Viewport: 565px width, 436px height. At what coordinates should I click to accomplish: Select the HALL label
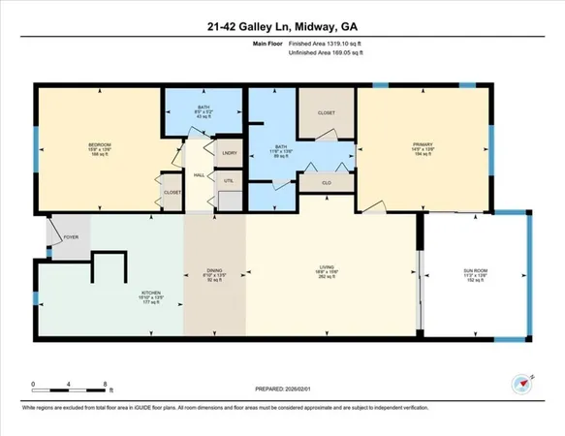198,175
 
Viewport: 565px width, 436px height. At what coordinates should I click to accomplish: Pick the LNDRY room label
230,153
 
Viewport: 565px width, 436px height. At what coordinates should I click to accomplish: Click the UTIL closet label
230,181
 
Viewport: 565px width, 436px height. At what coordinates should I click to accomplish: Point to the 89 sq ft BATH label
280,152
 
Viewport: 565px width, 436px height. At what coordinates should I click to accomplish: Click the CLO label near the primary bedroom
326,180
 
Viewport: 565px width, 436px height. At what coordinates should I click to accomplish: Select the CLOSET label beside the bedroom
173,192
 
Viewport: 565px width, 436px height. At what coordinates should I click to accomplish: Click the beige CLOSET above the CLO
326,112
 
